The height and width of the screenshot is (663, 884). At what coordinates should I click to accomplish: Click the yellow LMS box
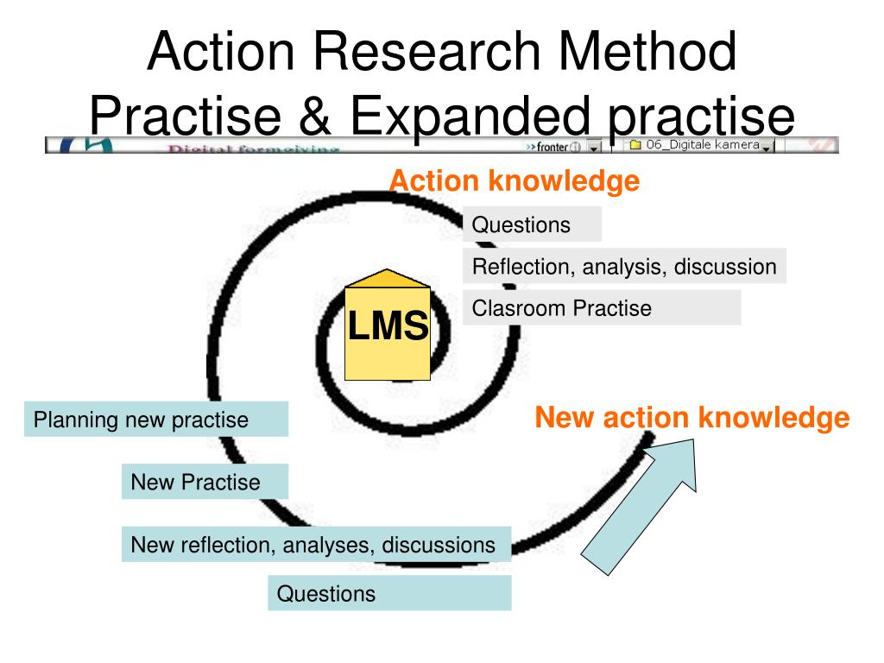[388, 328]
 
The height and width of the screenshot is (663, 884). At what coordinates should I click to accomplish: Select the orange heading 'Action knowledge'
[514, 181]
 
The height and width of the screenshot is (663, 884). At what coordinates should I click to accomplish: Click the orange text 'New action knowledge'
[691, 419]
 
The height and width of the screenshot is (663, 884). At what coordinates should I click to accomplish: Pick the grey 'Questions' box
[531, 225]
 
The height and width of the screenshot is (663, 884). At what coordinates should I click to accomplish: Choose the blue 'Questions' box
[388, 594]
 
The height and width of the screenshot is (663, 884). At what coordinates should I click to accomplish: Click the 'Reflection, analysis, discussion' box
[623, 267]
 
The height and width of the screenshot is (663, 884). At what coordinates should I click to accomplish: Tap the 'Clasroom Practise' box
[601, 308]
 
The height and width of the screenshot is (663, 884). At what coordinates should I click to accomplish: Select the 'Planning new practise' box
[155, 420]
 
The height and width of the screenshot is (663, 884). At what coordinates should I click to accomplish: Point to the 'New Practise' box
[205, 482]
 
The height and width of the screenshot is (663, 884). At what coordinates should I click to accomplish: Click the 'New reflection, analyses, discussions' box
[316, 545]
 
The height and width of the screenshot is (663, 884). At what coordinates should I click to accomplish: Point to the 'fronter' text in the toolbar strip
[552, 146]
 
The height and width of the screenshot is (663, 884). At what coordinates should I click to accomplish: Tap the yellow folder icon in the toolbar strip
[635, 145]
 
